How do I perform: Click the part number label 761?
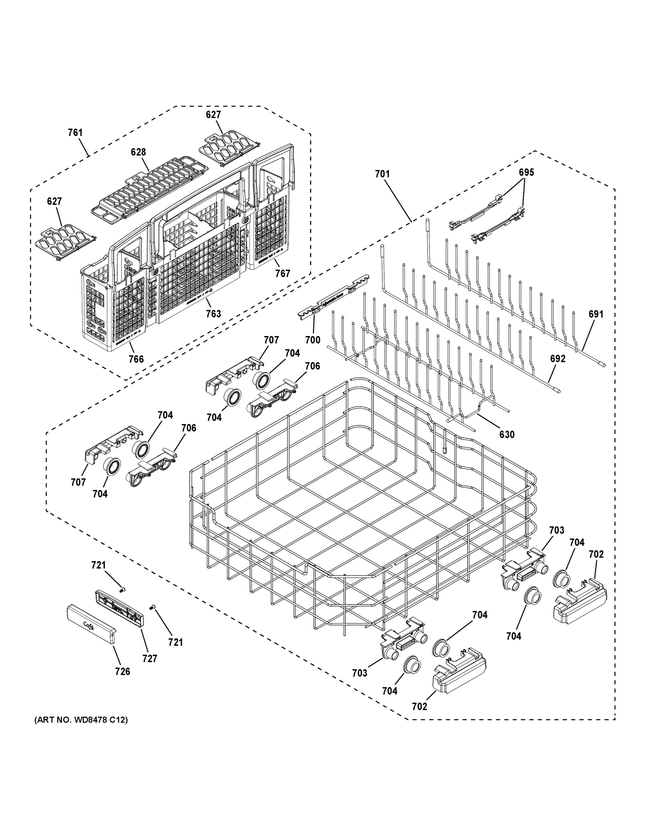75,133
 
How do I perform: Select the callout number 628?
138,152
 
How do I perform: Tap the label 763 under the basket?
213,314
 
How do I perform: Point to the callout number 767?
282,273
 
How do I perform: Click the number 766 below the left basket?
136,359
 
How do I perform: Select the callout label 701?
382,174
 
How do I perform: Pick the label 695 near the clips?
526,173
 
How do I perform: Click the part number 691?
596,314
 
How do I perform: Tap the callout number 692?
557,359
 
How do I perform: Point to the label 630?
507,434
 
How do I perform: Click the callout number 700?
313,340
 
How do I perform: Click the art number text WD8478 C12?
81,720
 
